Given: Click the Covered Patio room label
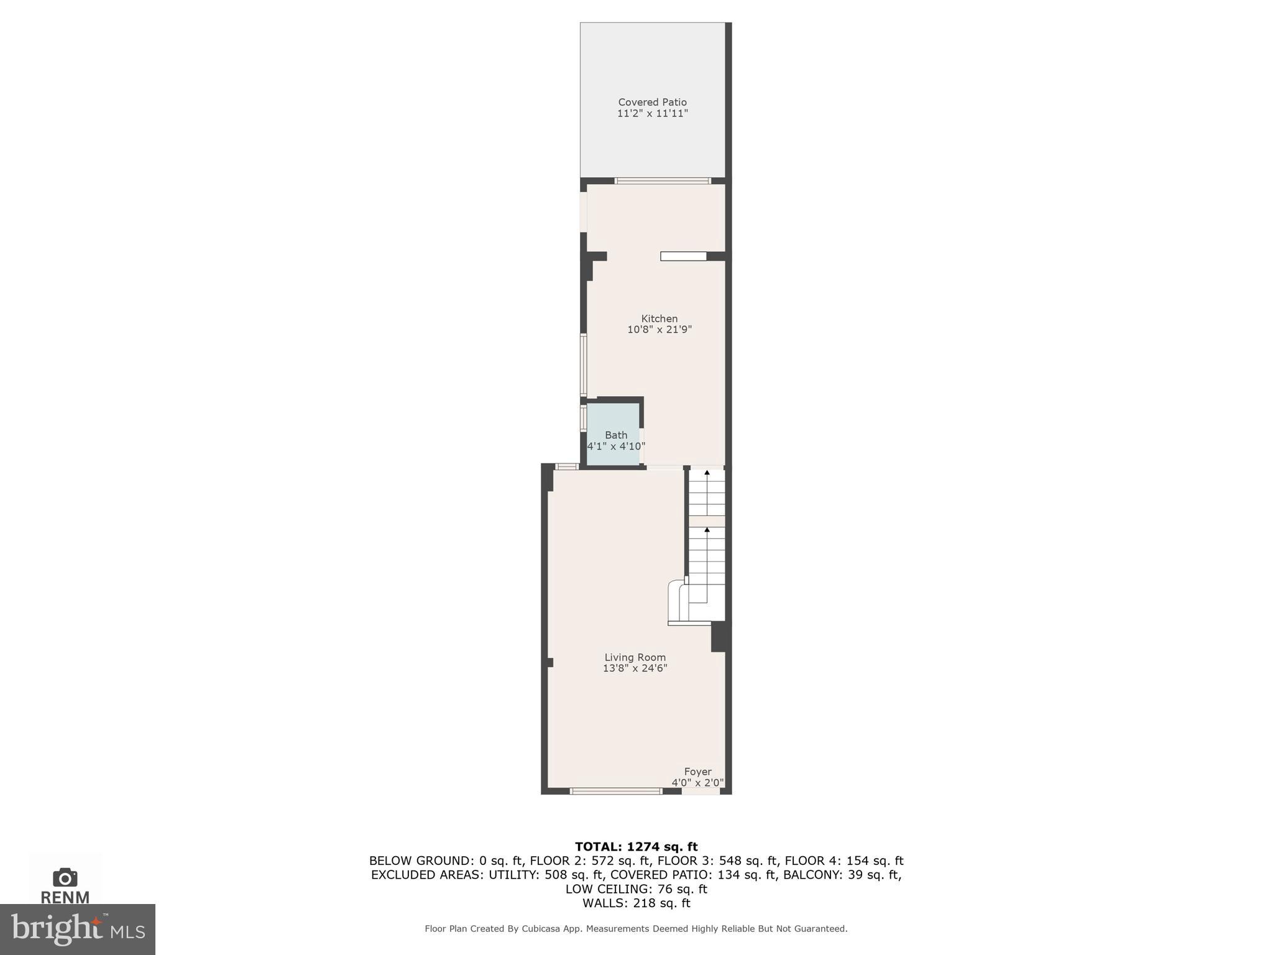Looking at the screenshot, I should tap(652, 102).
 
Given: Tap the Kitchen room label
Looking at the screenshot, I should tap(659, 318).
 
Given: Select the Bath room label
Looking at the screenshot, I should tap(616, 435).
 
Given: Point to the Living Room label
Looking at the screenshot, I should tap(635, 657).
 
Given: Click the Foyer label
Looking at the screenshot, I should tap(697, 772).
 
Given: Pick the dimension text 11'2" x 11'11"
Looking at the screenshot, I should tap(652, 114).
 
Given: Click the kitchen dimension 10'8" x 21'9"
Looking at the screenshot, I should tap(659, 330).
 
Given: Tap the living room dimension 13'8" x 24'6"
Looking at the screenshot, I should tap(635, 668).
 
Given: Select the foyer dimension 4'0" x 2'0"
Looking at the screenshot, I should tap(697, 783).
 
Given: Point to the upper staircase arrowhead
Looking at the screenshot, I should tap(707, 473).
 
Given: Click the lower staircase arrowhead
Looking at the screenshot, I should tap(707, 530).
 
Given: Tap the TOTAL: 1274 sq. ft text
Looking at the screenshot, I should tap(636, 846).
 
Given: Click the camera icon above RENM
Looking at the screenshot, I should tap(65, 877).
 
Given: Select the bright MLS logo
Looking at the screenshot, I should tap(78, 930).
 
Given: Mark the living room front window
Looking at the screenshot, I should tap(616, 791).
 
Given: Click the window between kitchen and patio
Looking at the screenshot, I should tap(663, 181).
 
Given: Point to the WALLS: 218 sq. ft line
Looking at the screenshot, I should tap(636, 903).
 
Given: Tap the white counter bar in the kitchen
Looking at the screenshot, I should tap(683, 256).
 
